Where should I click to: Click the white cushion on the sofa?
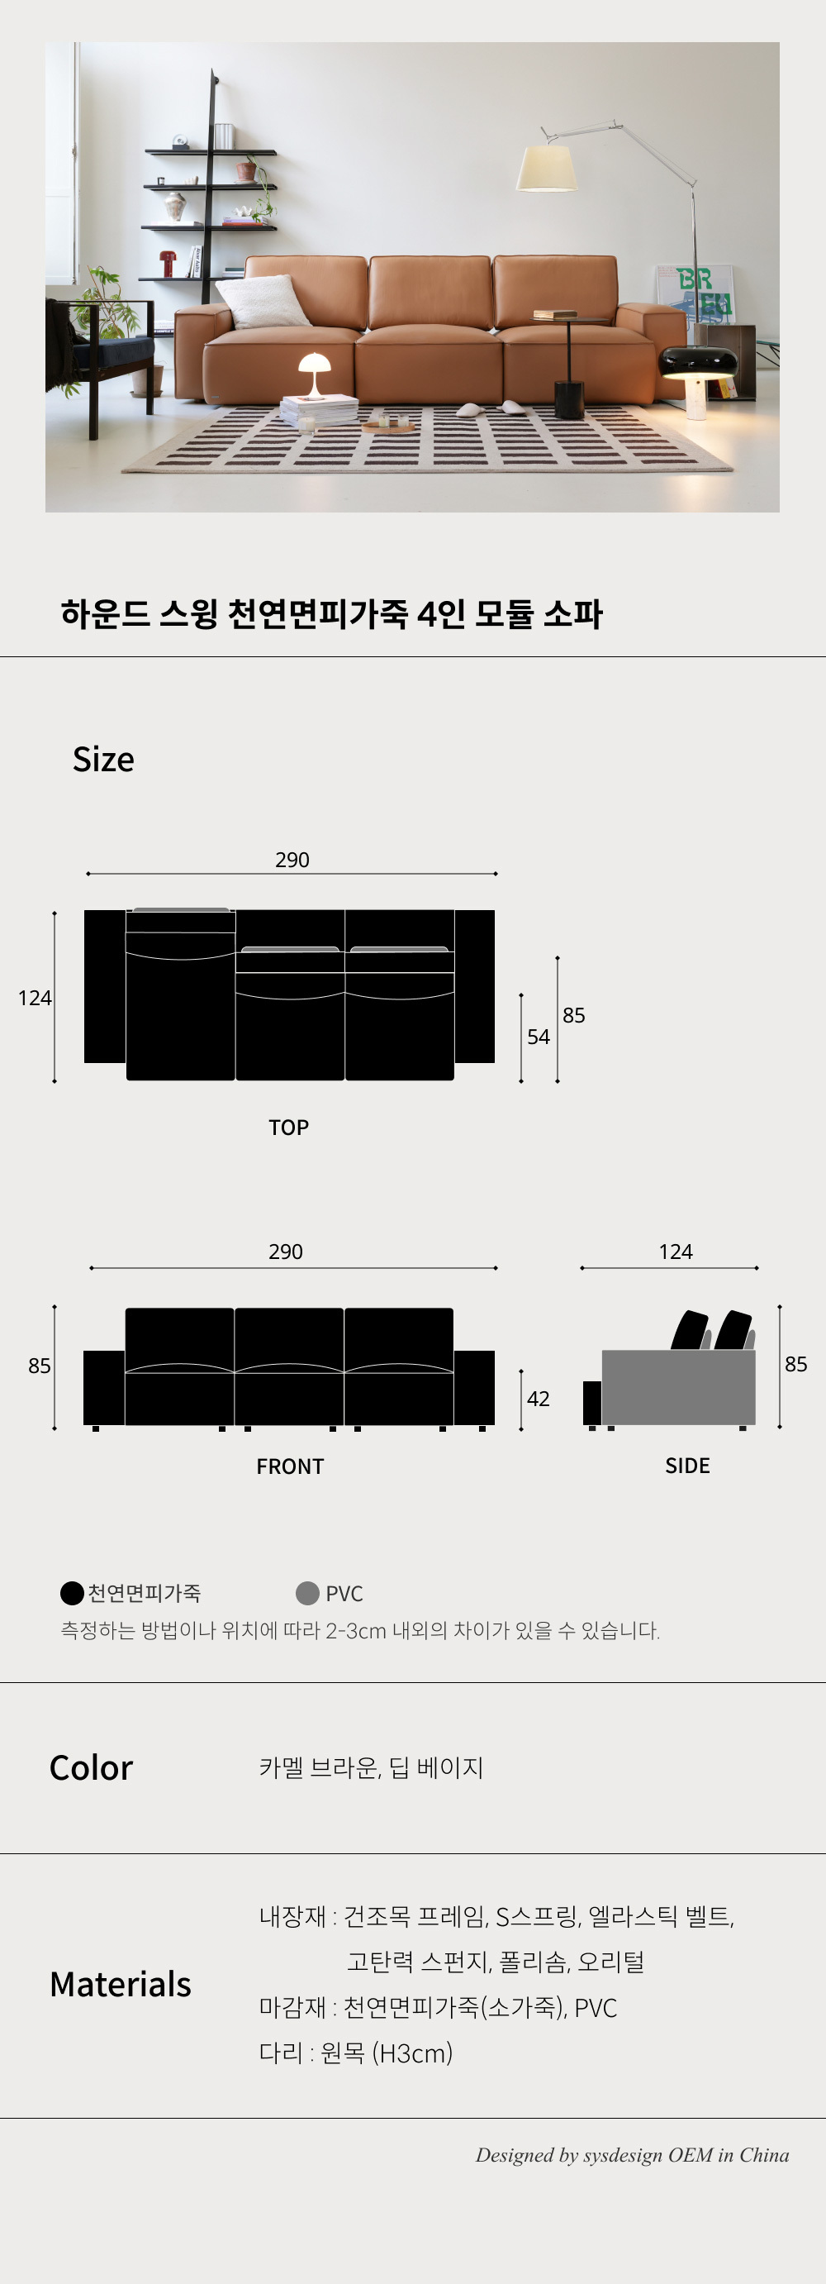(263, 301)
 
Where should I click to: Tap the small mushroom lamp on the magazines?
(314, 375)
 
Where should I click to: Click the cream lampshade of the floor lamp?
(546, 169)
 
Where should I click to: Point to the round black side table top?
(571, 319)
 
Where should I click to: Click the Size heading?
(104, 760)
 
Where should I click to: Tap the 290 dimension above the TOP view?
(292, 859)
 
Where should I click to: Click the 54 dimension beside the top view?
(538, 1037)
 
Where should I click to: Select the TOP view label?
(289, 1127)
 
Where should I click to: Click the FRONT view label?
(290, 1466)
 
